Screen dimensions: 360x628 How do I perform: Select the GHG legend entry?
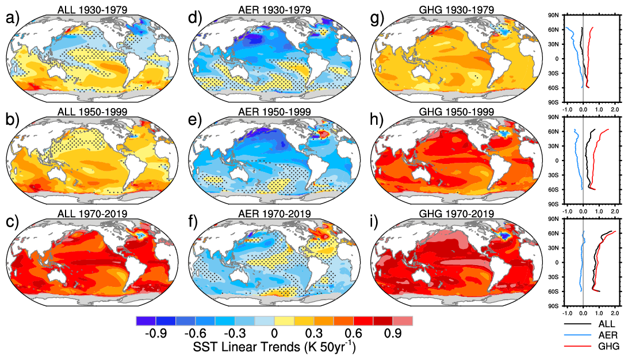[x=607, y=347]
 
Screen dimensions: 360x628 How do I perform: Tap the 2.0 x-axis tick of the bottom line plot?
[x=614, y=315]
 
